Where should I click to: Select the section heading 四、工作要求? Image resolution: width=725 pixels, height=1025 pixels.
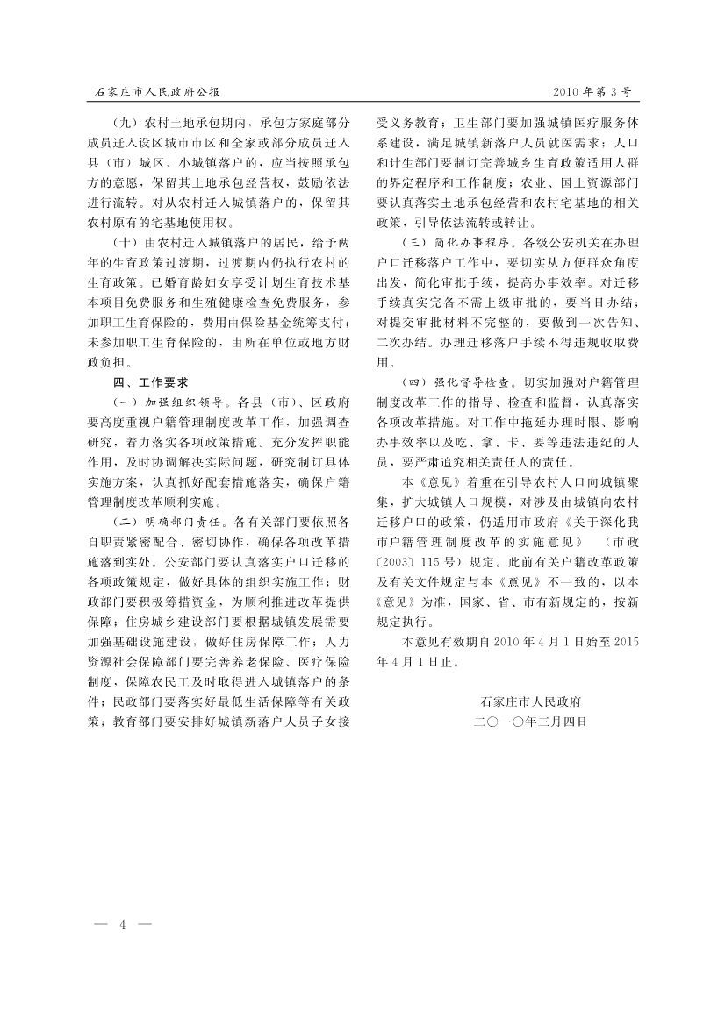click(x=146, y=383)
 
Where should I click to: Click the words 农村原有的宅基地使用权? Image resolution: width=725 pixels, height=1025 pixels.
click(x=166, y=223)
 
